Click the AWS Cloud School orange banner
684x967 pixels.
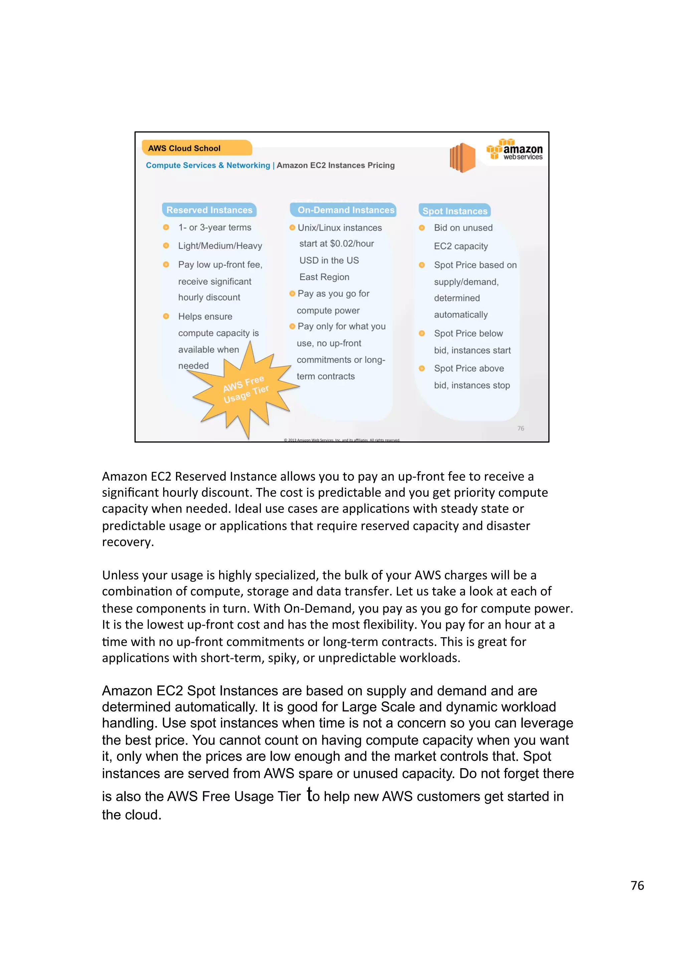(x=196, y=148)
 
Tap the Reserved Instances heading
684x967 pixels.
(x=209, y=210)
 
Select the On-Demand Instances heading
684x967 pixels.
(x=343, y=210)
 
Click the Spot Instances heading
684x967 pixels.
(x=454, y=211)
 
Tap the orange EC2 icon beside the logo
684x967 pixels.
(x=462, y=157)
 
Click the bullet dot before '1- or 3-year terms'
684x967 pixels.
(x=166, y=228)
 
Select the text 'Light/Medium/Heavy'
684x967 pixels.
(x=220, y=246)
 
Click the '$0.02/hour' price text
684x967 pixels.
(x=352, y=244)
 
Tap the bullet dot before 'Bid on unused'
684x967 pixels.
(x=422, y=228)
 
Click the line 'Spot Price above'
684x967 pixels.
(x=469, y=368)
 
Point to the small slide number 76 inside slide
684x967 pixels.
(x=520, y=428)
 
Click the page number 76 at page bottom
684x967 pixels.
(x=637, y=885)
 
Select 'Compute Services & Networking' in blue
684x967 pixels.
(x=208, y=165)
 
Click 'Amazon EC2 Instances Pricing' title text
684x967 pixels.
(x=335, y=165)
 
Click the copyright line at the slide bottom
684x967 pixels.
(x=341, y=440)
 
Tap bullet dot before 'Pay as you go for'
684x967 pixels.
(x=292, y=294)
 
